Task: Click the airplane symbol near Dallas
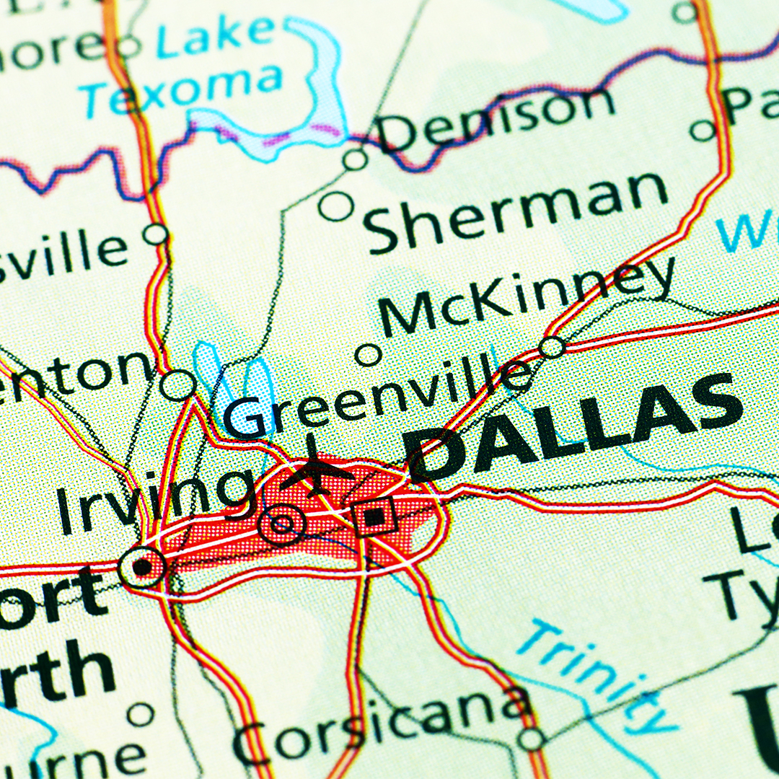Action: click(315, 470)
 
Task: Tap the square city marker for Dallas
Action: click(374, 516)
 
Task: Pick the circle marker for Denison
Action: click(355, 159)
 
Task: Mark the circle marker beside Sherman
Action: click(336, 206)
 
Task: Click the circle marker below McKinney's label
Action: click(369, 354)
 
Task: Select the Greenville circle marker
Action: click(552, 347)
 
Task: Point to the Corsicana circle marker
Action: click(531, 739)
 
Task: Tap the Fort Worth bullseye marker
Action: click(142, 566)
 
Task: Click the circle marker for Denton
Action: click(177, 385)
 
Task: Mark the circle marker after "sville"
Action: click(155, 234)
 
